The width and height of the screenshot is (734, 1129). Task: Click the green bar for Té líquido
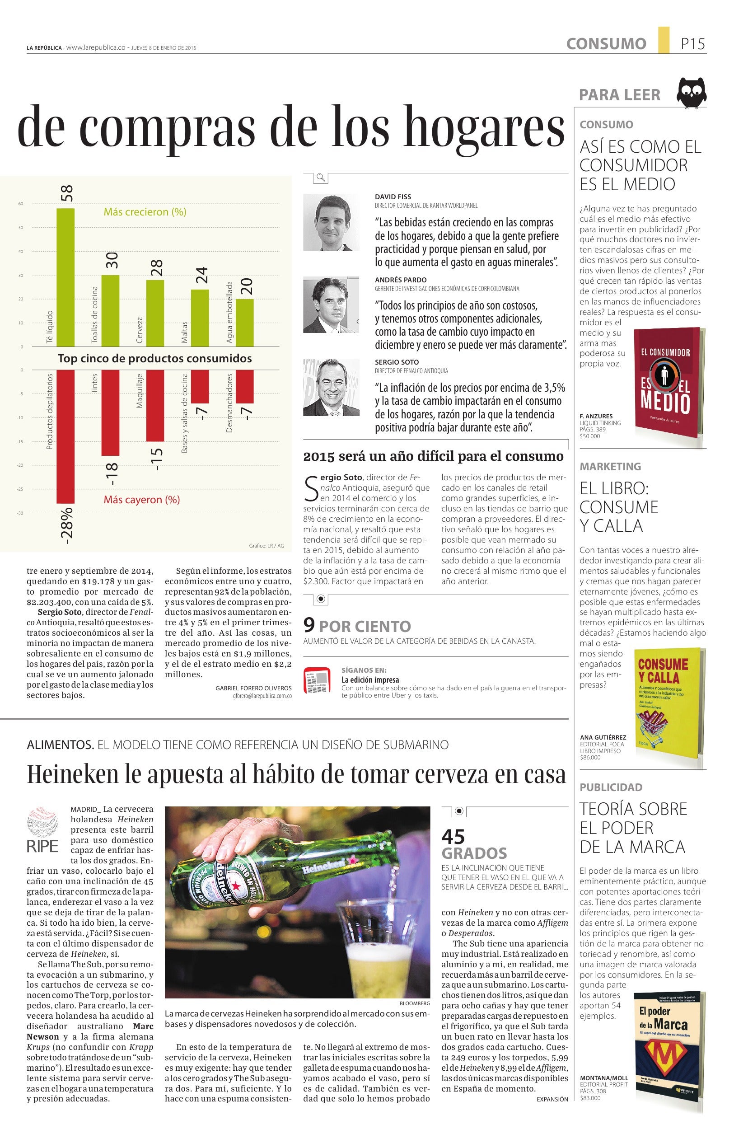pos(65,277)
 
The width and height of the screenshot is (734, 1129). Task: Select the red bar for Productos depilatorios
pos(65,436)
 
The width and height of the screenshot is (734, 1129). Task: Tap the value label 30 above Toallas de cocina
pos(112,260)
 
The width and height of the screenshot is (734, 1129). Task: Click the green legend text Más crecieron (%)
pos(145,212)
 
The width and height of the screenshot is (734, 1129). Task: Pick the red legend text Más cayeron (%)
pos(141,500)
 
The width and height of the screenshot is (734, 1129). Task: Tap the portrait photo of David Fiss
pos(331,221)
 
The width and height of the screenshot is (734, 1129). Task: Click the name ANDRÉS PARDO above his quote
pos(401,280)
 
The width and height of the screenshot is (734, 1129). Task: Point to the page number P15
pos(693,44)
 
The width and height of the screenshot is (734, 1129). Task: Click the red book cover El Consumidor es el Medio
pos(669,382)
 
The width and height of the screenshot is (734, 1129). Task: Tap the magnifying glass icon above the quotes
pos(321,178)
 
